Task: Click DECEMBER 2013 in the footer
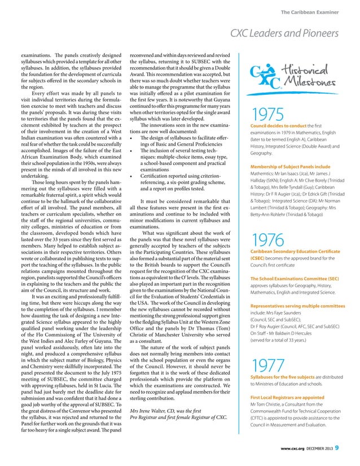[x=319, y=450]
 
